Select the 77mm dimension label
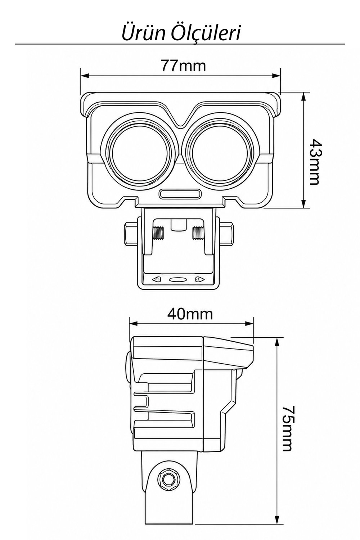point(183,65)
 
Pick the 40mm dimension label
point(190,314)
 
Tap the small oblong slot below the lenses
point(180,194)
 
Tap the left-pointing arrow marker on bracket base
point(156,280)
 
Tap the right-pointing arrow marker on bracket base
point(200,280)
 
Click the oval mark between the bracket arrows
point(178,280)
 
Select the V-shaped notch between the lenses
point(180,116)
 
